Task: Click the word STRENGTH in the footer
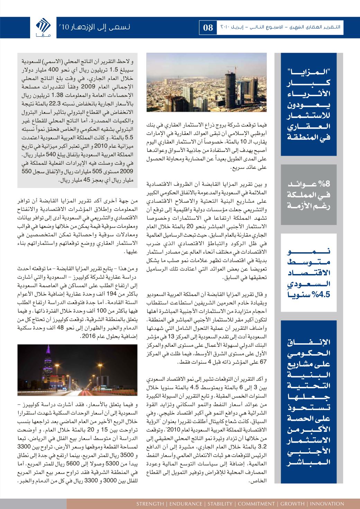150,503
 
